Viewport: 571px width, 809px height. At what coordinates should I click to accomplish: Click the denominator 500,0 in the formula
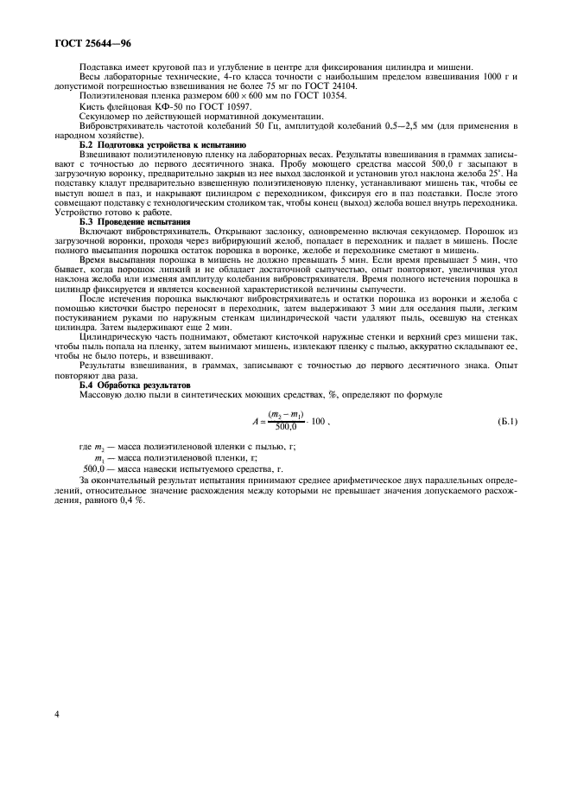click(285, 428)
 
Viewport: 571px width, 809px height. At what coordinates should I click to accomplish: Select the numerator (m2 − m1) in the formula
click(286, 416)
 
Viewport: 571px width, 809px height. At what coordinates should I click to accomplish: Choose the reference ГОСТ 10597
click(197, 106)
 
